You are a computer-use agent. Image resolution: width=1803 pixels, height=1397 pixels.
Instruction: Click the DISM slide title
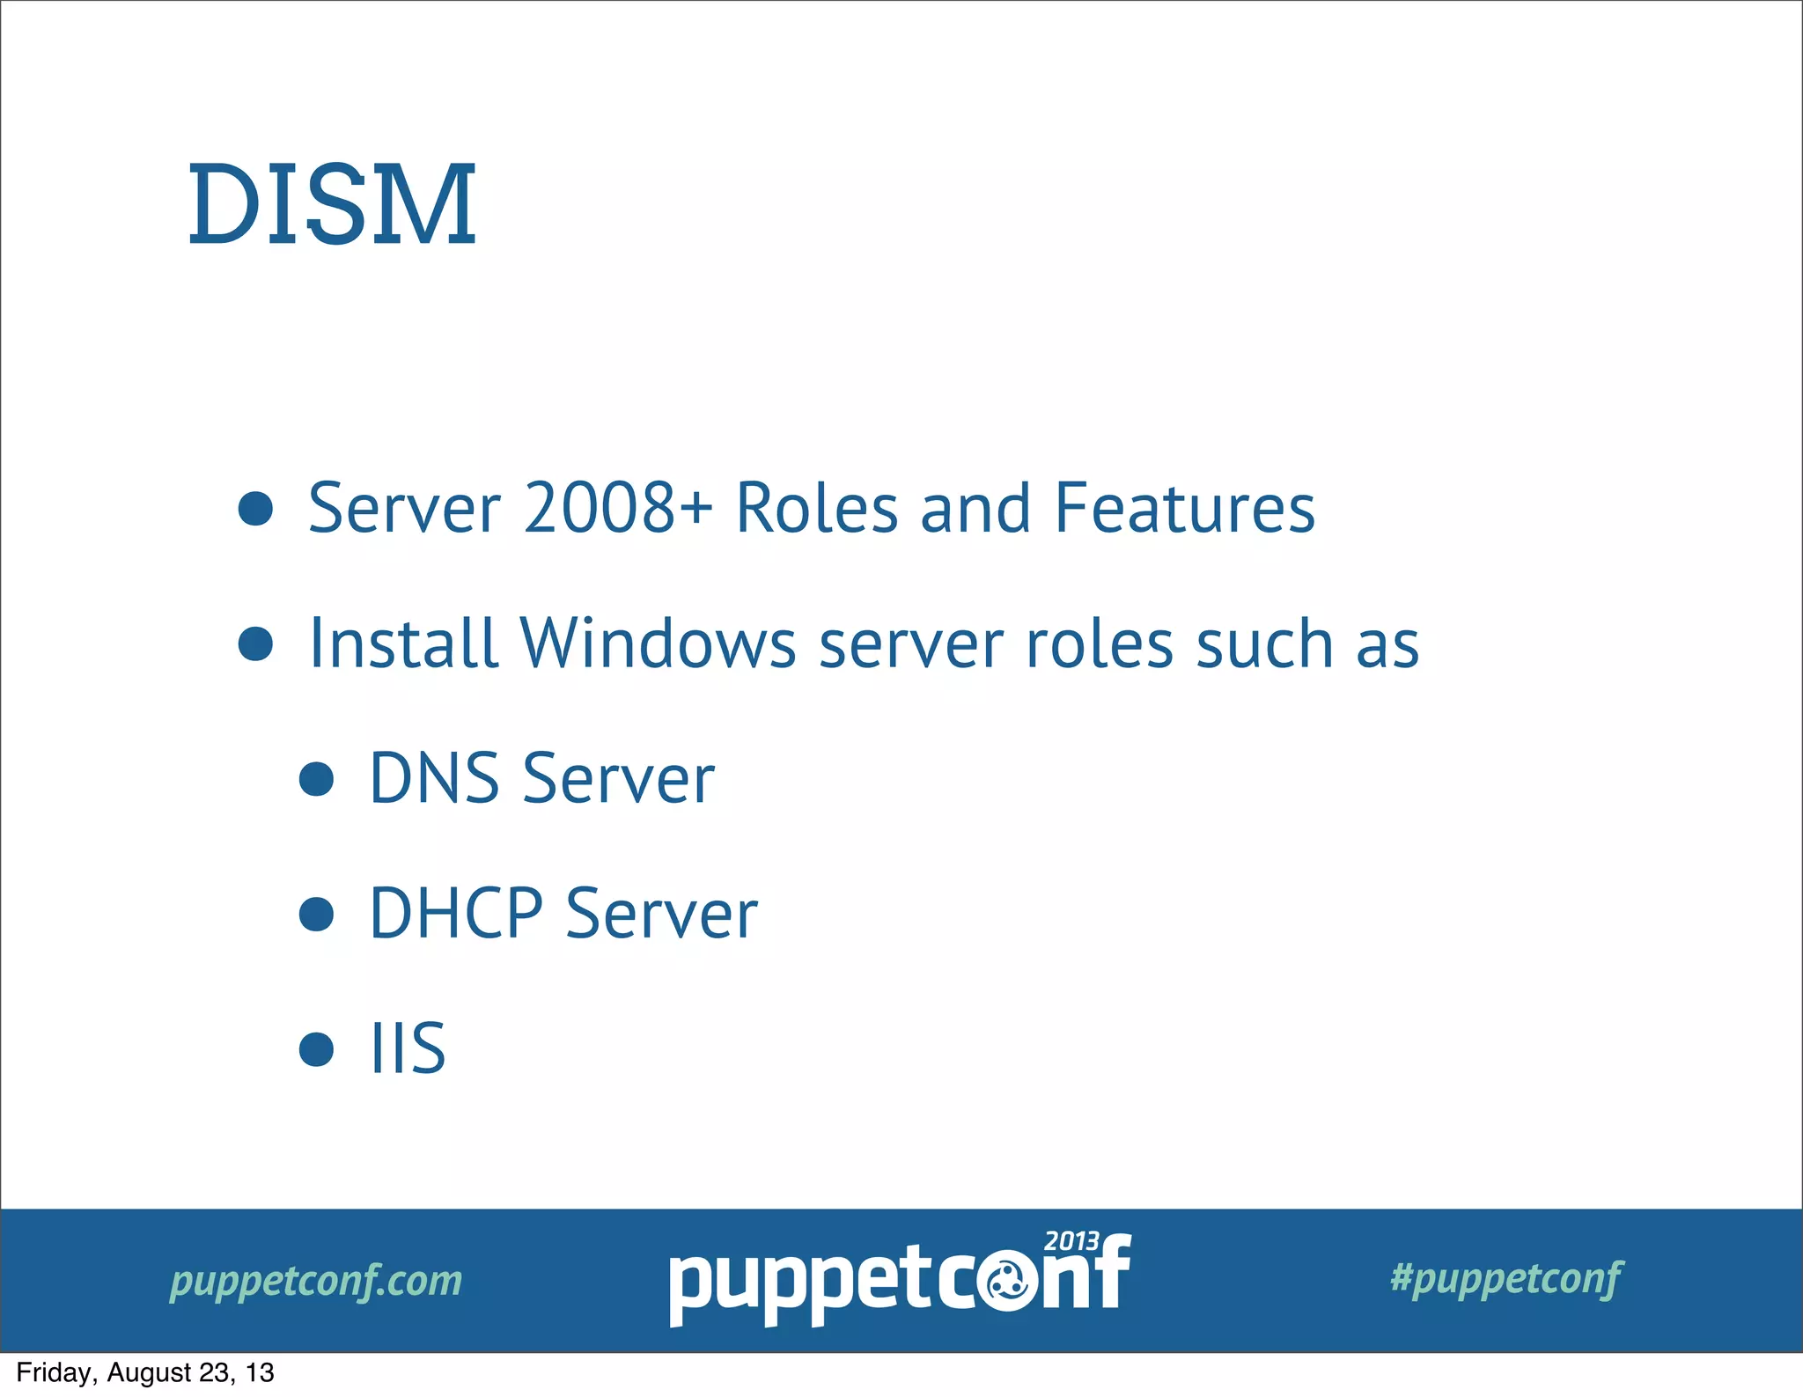tap(332, 205)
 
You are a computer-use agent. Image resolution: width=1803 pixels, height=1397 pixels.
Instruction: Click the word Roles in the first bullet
tap(816, 508)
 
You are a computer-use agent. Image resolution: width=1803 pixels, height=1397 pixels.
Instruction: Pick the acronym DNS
tap(434, 779)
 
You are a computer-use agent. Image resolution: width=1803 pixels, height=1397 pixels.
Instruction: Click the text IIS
tap(408, 1048)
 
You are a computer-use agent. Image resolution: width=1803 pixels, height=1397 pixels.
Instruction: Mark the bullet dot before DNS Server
tap(316, 780)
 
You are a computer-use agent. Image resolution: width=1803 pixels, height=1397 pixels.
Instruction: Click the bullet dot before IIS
tap(316, 1049)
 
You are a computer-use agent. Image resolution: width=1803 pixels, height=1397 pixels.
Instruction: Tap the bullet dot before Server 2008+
tap(255, 509)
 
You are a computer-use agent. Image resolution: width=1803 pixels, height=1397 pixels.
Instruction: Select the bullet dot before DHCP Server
tap(316, 915)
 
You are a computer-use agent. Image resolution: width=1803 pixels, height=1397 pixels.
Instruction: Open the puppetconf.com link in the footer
tap(316, 1281)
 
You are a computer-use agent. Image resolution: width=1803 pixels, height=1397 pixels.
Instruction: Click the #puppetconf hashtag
tap(1505, 1278)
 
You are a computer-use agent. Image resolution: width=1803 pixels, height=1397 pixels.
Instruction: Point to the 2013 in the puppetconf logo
tap(1071, 1241)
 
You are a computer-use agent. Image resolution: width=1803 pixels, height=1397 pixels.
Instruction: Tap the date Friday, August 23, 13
tap(145, 1372)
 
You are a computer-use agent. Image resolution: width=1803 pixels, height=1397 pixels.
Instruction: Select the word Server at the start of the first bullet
tap(404, 508)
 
